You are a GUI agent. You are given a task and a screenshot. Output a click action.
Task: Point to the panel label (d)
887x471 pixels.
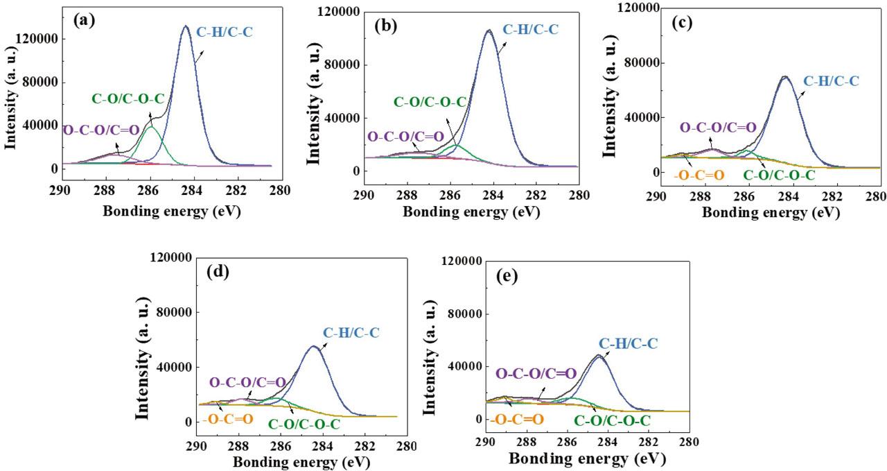(219, 271)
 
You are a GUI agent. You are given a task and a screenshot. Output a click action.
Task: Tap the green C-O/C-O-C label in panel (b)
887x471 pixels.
(430, 102)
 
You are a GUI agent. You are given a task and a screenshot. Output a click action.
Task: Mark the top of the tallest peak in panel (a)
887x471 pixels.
(185, 26)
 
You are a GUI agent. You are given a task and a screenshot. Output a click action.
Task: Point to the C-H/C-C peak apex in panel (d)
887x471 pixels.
(314, 346)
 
